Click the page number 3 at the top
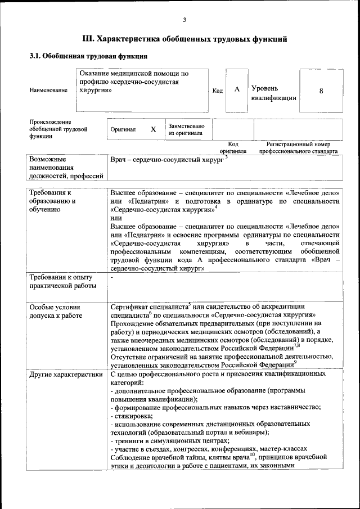(x=184, y=21)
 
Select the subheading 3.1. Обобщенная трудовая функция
(x=88, y=57)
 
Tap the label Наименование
(x=49, y=90)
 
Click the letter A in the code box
(x=237, y=89)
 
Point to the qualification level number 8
(x=321, y=90)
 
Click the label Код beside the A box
(x=218, y=91)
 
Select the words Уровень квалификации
(x=273, y=93)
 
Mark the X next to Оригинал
(x=153, y=129)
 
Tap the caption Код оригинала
(x=232, y=148)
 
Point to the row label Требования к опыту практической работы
(x=62, y=281)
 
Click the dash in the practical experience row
(x=112, y=277)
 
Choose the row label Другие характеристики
(x=66, y=373)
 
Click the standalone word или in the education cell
(x=116, y=218)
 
